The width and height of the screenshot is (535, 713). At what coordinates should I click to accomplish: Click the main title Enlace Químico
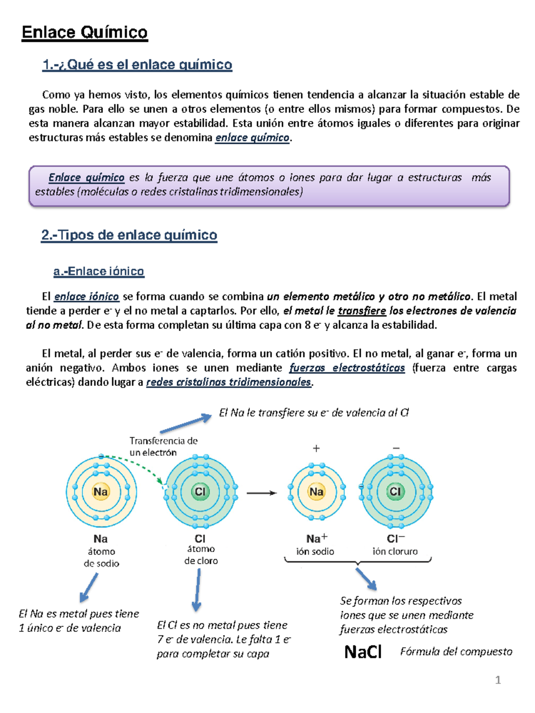[x=85, y=33]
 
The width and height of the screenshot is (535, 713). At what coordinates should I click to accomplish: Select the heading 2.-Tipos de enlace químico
[x=129, y=235]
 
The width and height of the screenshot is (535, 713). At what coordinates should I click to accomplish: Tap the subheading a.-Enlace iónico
[x=99, y=271]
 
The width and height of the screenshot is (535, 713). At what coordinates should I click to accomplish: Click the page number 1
[x=498, y=680]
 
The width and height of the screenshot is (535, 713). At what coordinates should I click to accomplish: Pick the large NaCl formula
[x=363, y=652]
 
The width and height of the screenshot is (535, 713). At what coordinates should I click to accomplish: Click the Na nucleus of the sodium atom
[x=101, y=492]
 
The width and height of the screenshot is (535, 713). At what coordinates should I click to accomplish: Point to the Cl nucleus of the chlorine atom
[x=200, y=492]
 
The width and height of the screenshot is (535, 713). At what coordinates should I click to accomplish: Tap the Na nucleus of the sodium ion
[x=317, y=492]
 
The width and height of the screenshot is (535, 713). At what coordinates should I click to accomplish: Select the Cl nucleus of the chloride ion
[x=395, y=492]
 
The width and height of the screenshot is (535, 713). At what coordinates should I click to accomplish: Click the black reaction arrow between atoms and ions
[x=261, y=493]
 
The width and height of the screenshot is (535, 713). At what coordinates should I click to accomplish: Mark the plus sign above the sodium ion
[x=316, y=448]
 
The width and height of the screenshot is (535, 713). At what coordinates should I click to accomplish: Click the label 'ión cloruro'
[x=395, y=551]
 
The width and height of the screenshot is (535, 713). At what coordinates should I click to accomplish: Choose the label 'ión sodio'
[x=315, y=551]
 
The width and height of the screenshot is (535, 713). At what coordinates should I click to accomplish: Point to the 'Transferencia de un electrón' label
[x=163, y=446]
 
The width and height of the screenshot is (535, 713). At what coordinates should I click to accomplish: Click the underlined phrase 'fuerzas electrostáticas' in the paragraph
[x=347, y=368]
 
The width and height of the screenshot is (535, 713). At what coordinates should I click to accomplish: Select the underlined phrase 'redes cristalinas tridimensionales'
[x=228, y=382]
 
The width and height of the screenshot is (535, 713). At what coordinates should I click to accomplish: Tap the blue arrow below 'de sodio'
[x=89, y=587]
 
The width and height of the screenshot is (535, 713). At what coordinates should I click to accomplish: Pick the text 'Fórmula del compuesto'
[x=456, y=652]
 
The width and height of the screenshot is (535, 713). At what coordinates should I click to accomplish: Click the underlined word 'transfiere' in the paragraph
[x=362, y=311]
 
